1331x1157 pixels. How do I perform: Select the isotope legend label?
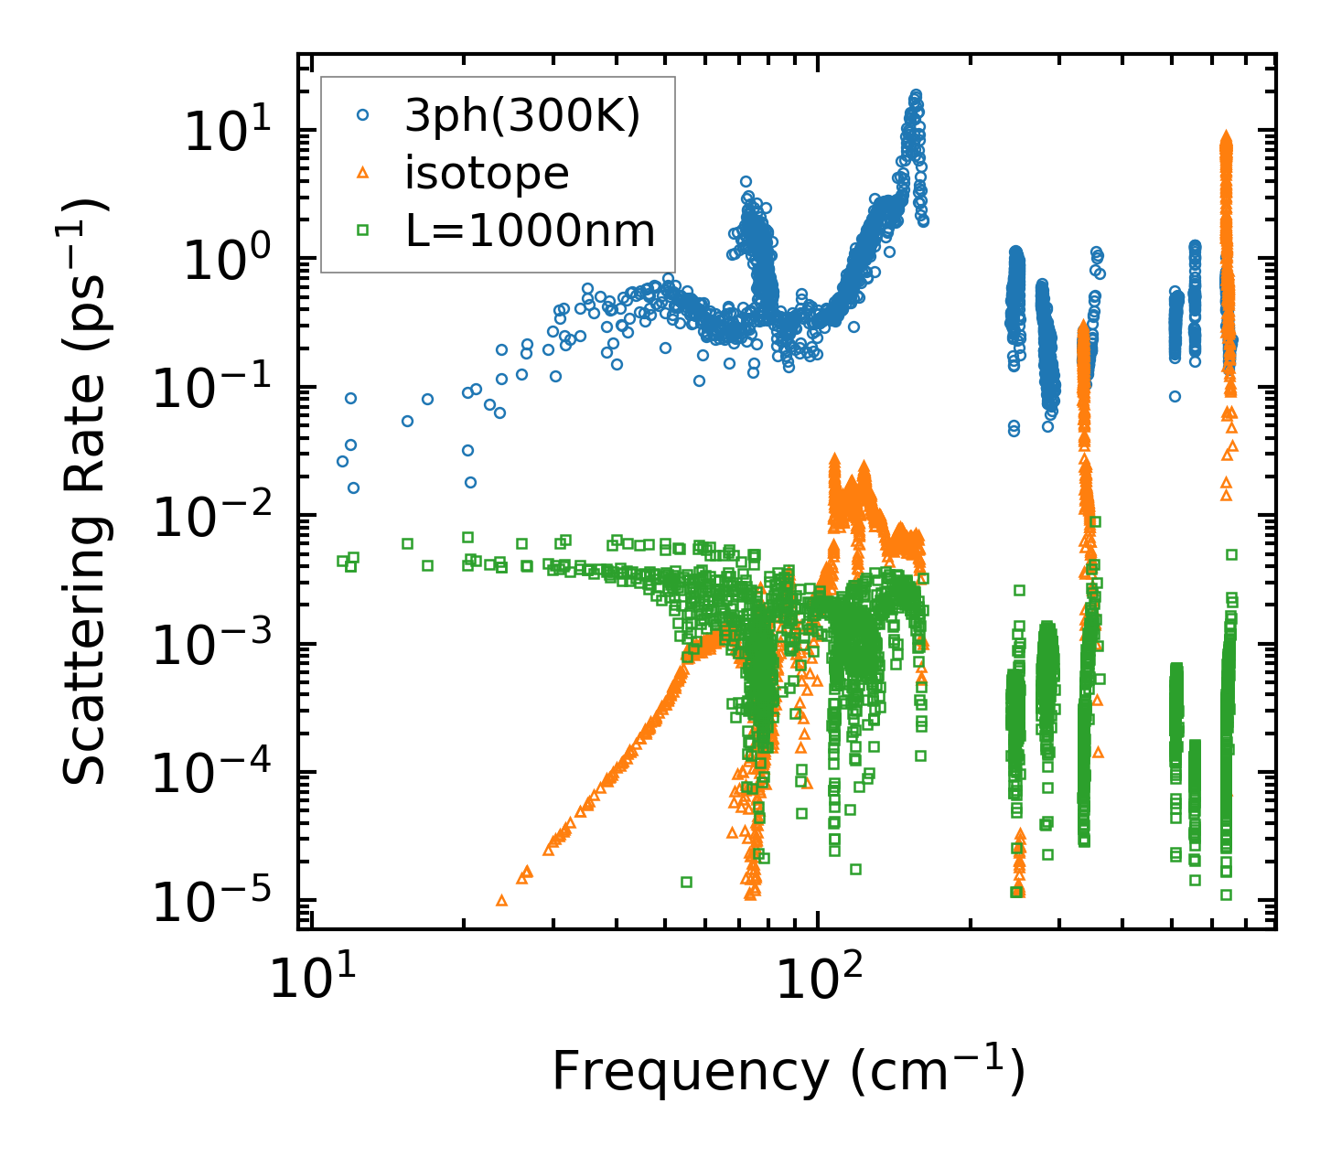pyautogui.click(x=487, y=173)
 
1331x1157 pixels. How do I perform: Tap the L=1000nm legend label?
pyautogui.click(x=531, y=230)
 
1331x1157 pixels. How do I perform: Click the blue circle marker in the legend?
pyautogui.click(x=363, y=116)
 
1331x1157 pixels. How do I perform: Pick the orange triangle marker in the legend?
pyautogui.click(x=363, y=173)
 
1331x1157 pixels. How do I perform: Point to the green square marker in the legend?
pyautogui.click(x=363, y=230)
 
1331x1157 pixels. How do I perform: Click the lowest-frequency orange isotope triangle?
pyautogui.click(x=501, y=901)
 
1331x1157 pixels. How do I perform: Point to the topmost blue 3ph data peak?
pyautogui.click(x=915, y=95)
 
